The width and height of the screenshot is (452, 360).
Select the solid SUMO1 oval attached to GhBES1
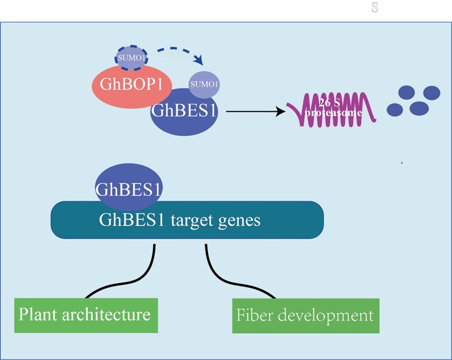point(204,85)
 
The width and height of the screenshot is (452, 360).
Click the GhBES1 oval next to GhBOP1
point(183,115)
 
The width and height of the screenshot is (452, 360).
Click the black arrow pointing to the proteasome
point(255,111)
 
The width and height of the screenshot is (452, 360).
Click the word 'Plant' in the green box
point(38,314)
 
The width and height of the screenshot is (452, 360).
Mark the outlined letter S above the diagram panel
point(374,8)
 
